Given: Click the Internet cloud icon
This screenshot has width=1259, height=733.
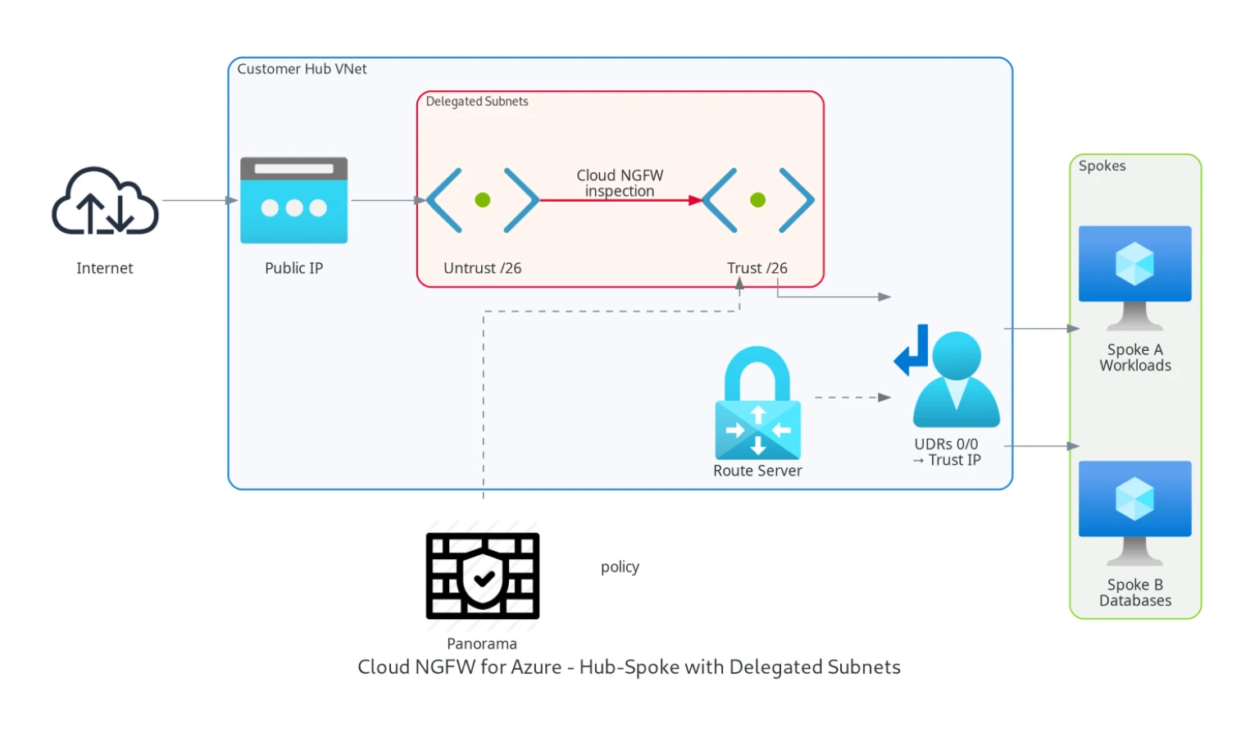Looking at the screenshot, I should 105,202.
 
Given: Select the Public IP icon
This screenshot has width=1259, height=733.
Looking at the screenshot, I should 293,201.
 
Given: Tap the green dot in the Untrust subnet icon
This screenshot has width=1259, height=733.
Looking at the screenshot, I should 483,200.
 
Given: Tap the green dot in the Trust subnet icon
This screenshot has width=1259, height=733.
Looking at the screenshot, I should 757,200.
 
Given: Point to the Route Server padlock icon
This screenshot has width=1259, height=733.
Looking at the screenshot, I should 757,403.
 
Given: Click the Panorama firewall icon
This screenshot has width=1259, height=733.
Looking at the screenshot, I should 483,576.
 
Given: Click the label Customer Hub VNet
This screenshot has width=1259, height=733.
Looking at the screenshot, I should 302,70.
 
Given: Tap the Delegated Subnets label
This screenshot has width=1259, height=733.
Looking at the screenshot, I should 477,102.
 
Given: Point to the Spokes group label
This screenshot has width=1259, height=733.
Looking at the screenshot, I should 1102,166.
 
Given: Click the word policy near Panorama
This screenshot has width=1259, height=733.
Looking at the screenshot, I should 620,567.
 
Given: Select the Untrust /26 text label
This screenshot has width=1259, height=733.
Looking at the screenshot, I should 482,268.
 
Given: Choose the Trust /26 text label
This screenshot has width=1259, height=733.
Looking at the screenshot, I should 757,268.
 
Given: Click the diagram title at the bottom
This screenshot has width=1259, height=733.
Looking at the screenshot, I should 629,667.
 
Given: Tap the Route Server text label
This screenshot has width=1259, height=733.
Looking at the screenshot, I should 757,471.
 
